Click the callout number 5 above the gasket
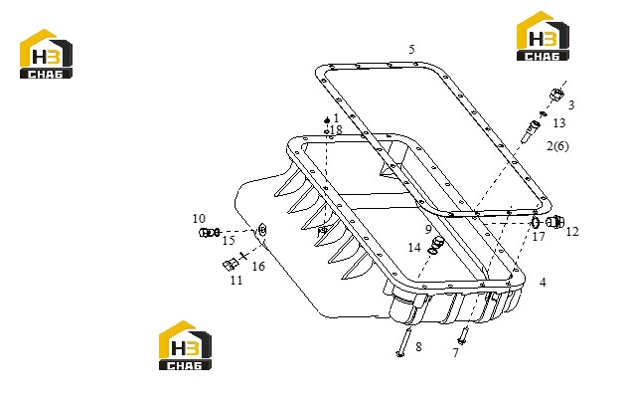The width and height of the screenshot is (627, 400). [x=411, y=49]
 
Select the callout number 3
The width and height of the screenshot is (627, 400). [x=571, y=104]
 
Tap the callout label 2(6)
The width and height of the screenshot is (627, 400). [x=557, y=145]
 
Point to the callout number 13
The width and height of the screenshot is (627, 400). [x=559, y=123]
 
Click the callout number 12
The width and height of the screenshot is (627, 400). [x=572, y=232]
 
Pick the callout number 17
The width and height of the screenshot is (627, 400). [x=539, y=237]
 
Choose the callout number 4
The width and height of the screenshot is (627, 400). [x=543, y=283]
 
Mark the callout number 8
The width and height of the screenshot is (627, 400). [x=418, y=346]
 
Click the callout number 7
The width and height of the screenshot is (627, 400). [x=455, y=353]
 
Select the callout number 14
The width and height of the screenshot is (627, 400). [x=414, y=248]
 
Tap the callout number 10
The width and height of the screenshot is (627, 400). [x=199, y=219]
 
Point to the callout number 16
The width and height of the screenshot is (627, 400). [x=258, y=266]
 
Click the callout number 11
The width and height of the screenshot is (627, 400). [x=236, y=280]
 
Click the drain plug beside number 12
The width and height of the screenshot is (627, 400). [x=555, y=222]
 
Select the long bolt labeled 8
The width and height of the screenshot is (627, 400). [x=403, y=341]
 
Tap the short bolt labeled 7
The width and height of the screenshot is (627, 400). [x=463, y=335]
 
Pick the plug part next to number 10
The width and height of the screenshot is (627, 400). [x=207, y=232]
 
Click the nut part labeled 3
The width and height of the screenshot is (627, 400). [x=556, y=95]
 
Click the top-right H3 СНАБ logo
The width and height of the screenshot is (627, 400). [x=543, y=36]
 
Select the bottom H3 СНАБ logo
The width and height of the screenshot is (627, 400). [x=185, y=345]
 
